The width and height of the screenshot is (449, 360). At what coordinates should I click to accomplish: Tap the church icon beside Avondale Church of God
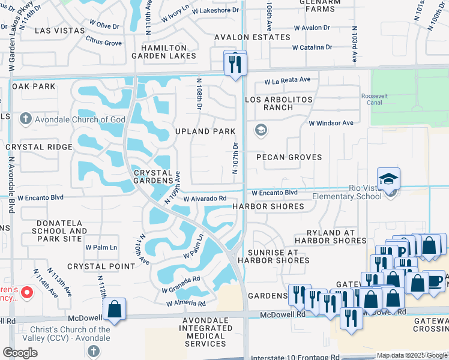(25, 119)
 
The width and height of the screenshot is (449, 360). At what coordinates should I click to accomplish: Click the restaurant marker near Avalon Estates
(235, 64)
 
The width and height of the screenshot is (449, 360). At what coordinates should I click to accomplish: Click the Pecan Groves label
(289, 157)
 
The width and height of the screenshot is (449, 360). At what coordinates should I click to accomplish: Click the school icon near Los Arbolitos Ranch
(261, 130)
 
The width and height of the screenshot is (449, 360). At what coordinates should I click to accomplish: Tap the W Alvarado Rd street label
(205, 199)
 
